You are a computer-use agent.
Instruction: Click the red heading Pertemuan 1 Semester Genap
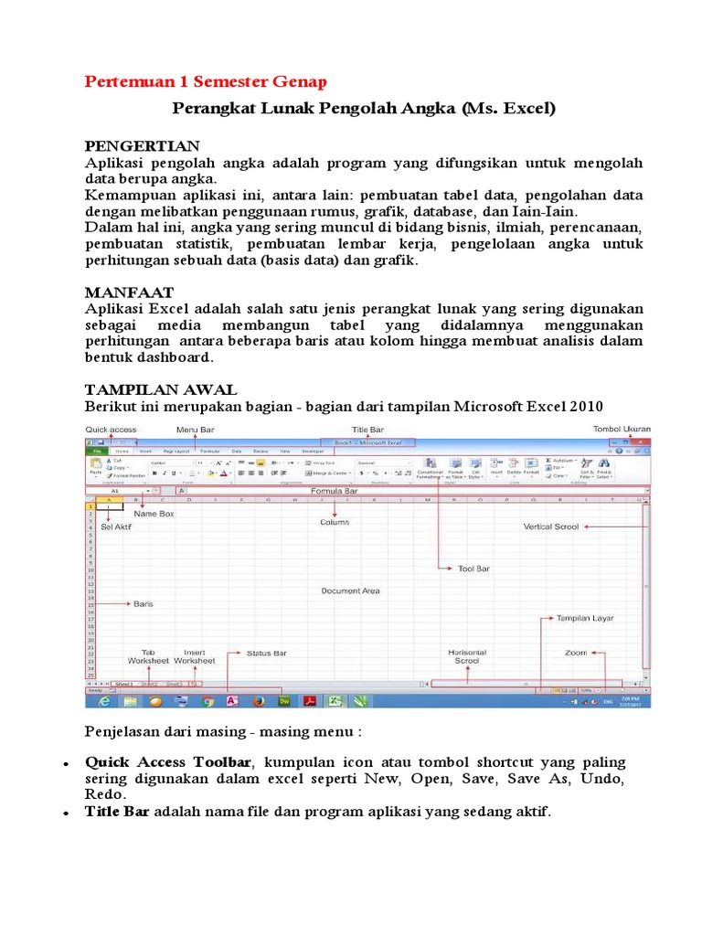click(206, 82)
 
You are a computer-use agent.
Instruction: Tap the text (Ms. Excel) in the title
click(508, 109)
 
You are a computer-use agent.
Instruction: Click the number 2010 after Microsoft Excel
click(584, 405)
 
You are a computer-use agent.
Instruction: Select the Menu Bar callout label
click(194, 430)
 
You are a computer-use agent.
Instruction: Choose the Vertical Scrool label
click(550, 527)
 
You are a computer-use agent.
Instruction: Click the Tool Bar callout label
click(473, 569)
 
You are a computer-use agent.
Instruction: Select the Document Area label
click(350, 590)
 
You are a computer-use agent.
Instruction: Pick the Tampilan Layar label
click(585, 618)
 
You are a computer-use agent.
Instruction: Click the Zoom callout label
click(575, 654)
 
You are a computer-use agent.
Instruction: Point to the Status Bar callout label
click(267, 654)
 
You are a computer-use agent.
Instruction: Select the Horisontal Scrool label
click(467, 656)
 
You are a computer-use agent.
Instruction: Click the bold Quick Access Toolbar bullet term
click(168, 762)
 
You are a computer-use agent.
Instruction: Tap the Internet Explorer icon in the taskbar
click(104, 702)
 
